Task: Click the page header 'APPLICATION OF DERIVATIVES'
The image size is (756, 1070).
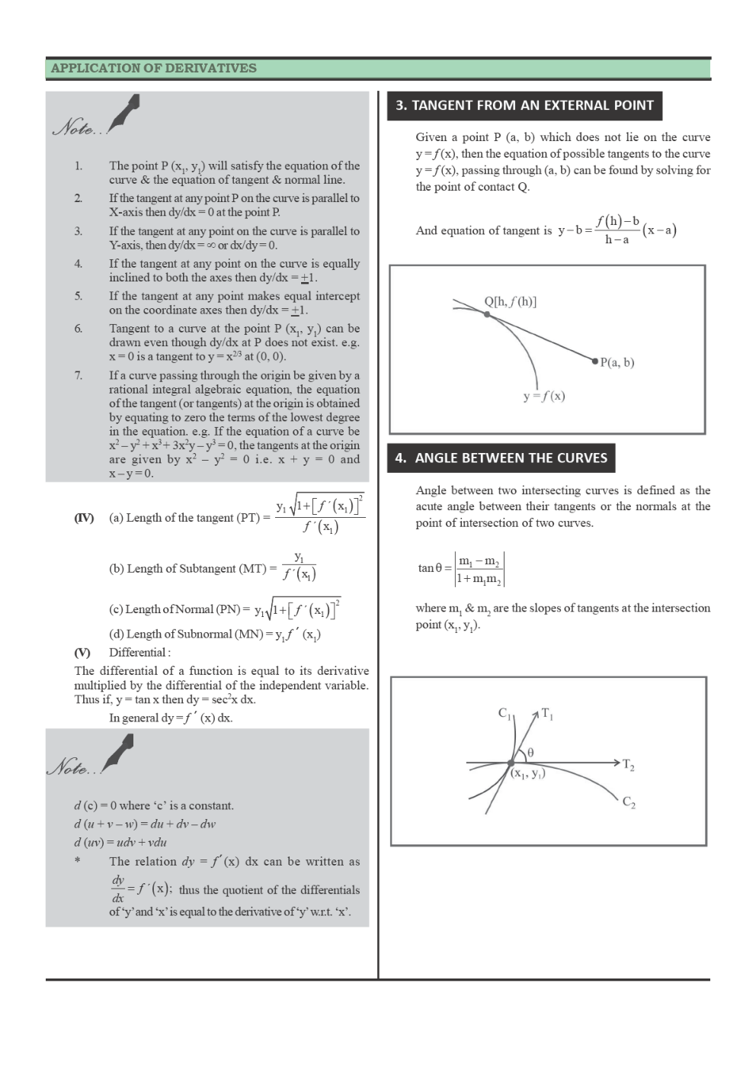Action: pyautogui.click(x=153, y=68)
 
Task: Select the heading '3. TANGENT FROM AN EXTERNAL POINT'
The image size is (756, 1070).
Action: pyautogui.click(x=524, y=105)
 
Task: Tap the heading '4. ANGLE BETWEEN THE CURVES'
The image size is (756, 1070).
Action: pyautogui.click(x=501, y=458)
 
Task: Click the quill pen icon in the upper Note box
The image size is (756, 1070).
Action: pyautogui.click(x=124, y=112)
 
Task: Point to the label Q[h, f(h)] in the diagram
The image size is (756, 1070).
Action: pyautogui.click(x=510, y=301)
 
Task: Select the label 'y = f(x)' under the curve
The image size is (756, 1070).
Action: pyautogui.click(x=544, y=396)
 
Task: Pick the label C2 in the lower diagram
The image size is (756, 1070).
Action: pyautogui.click(x=629, y=802)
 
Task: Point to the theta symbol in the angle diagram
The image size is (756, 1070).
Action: pyautogui.click(x=530, y=752)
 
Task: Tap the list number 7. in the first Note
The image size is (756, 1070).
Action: pyautogui.click(x=78, y=375)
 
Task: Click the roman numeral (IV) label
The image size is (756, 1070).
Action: pyautogui.click(x=84, y=518)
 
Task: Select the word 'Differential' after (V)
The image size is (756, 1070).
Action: pyautogui.click(x=138, y=652)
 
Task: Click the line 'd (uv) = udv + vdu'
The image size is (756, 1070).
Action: pyautogui.click(x=120, y=842)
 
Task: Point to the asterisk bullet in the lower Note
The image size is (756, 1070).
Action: pyautogui.click(x=77, y=862)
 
